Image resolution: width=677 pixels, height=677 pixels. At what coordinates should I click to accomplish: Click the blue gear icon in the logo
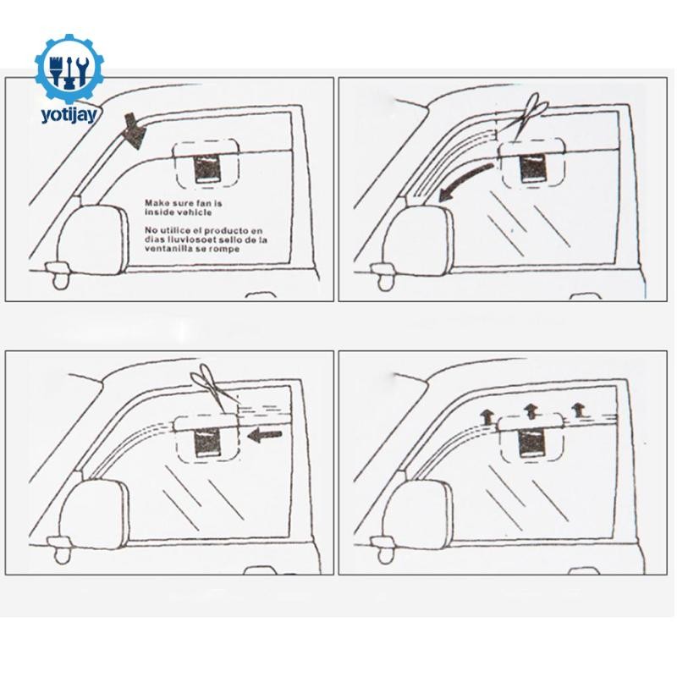[69, 69]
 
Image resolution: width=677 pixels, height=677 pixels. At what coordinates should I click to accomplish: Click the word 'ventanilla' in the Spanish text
[167, 249]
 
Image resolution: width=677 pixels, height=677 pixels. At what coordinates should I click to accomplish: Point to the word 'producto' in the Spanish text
[227, 230]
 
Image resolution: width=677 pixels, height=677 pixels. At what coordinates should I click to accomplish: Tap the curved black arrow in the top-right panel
[465, 182]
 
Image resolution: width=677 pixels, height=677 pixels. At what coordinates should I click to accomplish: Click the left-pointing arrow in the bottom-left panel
[265, 435]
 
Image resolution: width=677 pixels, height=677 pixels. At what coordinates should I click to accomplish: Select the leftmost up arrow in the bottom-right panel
[487, 418]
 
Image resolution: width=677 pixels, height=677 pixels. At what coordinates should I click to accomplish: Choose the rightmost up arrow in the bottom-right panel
[578, 410]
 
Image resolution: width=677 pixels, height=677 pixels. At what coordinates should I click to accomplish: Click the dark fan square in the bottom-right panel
[531, 443]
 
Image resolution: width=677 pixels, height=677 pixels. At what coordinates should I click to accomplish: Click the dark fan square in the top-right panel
[533, 168]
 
